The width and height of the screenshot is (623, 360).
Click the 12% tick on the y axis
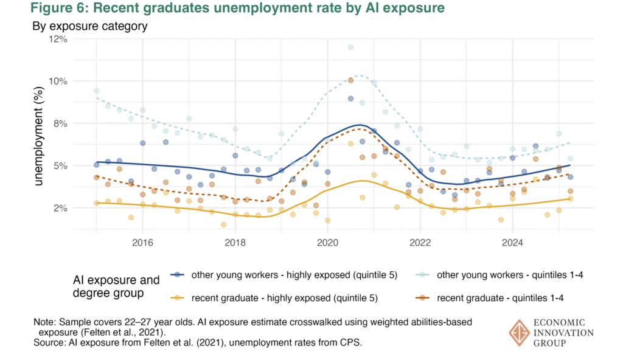tap(58, 39)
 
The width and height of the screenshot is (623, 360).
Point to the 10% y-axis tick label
tap(58, 81)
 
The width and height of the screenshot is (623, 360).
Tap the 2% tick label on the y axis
tap(61, 208)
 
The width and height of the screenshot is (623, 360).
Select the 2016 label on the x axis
tap(142, 242)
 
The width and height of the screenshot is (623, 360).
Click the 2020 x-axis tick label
tap(327, 242)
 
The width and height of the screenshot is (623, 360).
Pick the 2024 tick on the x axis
tap(512, 242)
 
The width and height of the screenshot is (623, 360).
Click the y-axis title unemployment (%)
tap(38, 136)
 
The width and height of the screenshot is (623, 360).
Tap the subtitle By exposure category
tap(90, 26)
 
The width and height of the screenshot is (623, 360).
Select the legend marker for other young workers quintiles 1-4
tap(423, 275)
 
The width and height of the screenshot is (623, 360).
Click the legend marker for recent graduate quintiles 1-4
tap(423, 297)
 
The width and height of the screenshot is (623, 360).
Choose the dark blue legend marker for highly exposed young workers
tap(178, 275)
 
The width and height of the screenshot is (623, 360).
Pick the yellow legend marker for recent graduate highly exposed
tap(178, 297)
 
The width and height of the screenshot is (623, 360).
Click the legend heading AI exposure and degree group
tap(116, 286)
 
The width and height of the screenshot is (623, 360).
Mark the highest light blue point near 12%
tap(350, 47)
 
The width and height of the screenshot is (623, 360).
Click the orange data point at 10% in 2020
tap(350, 80)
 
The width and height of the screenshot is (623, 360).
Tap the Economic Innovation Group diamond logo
tap(520, 333)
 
